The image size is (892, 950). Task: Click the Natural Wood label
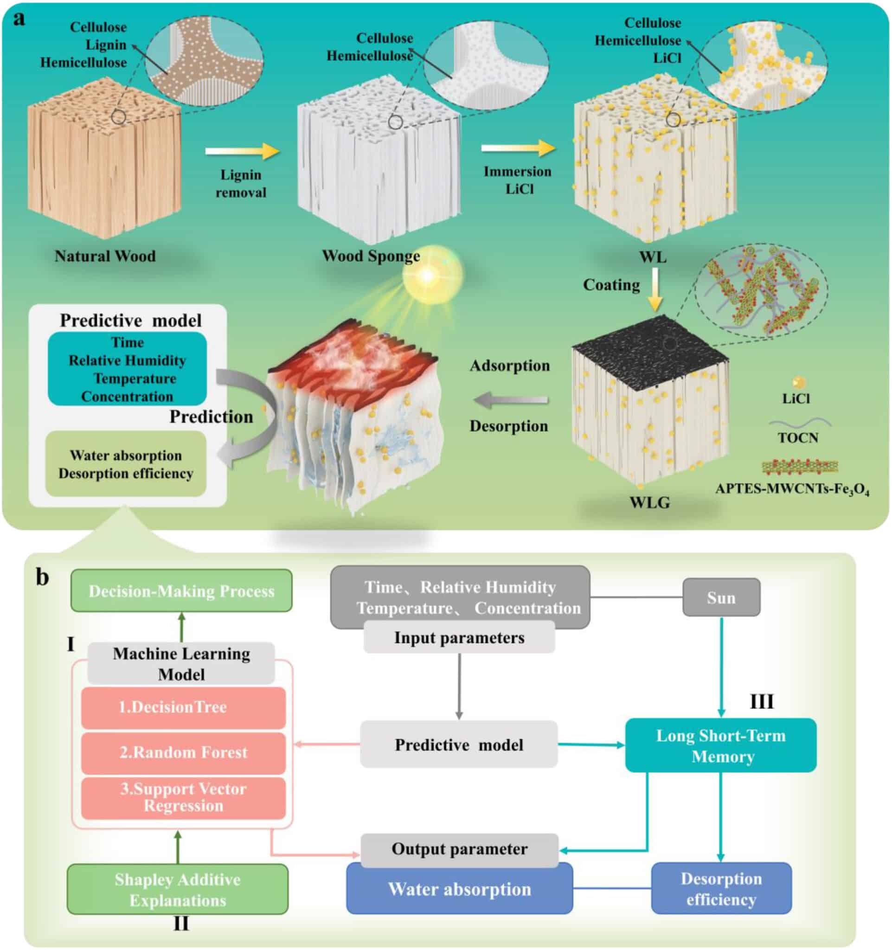pyautogui.click(x=105, y=256)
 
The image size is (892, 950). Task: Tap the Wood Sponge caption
pyautogui.click(x=371, y=256)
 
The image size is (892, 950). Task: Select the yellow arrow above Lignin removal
pyautogui.click(x=242, y=152)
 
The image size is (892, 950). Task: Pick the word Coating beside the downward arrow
pyautogui.click(x=611, y=285)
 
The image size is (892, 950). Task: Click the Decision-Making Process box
pyautogui.click(x=181, y=591)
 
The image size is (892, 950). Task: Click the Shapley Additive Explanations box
pyautogui.click(x=178, y=889)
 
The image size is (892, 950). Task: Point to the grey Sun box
pyautogui.click(x=720, y=597)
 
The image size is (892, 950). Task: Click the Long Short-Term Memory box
pyautogui.click(x=720, y=745)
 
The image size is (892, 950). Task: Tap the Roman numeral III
pyautogui.click(x=761, y=702)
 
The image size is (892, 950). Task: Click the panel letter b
pyautogui.click(x=43, y=577)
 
